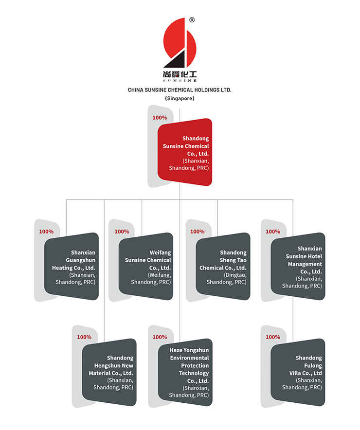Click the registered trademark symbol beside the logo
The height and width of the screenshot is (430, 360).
coord(192,20)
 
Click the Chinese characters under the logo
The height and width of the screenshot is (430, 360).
coord(180,74)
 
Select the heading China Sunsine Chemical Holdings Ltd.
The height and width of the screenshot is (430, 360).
coord(180,90)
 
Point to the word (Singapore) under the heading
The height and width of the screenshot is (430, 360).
coord(180,98)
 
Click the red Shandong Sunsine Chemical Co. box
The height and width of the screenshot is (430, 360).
coord(185,152)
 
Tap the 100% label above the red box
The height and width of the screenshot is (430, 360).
coord(160,118)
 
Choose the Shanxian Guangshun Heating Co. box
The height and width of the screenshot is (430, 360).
coord(72,266)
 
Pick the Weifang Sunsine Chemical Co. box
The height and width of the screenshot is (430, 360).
coord(146,266)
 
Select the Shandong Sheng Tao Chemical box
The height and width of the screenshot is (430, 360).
coord(223,266)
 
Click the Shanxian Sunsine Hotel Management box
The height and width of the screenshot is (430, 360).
coord(298,266)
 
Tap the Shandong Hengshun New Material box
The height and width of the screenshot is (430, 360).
coord(109,372)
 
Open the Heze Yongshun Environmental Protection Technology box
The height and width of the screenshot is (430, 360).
coord(185,372)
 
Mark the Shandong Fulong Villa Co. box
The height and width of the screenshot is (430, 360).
coord(298,372)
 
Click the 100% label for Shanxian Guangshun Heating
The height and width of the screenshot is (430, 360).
coord(46,232)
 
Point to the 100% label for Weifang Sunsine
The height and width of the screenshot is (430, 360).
coord(122,232)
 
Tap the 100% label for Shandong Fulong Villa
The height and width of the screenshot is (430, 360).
coord(273,337)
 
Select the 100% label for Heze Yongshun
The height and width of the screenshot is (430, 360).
coord(160,337)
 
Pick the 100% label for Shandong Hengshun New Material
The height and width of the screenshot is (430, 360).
coord(84,337)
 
